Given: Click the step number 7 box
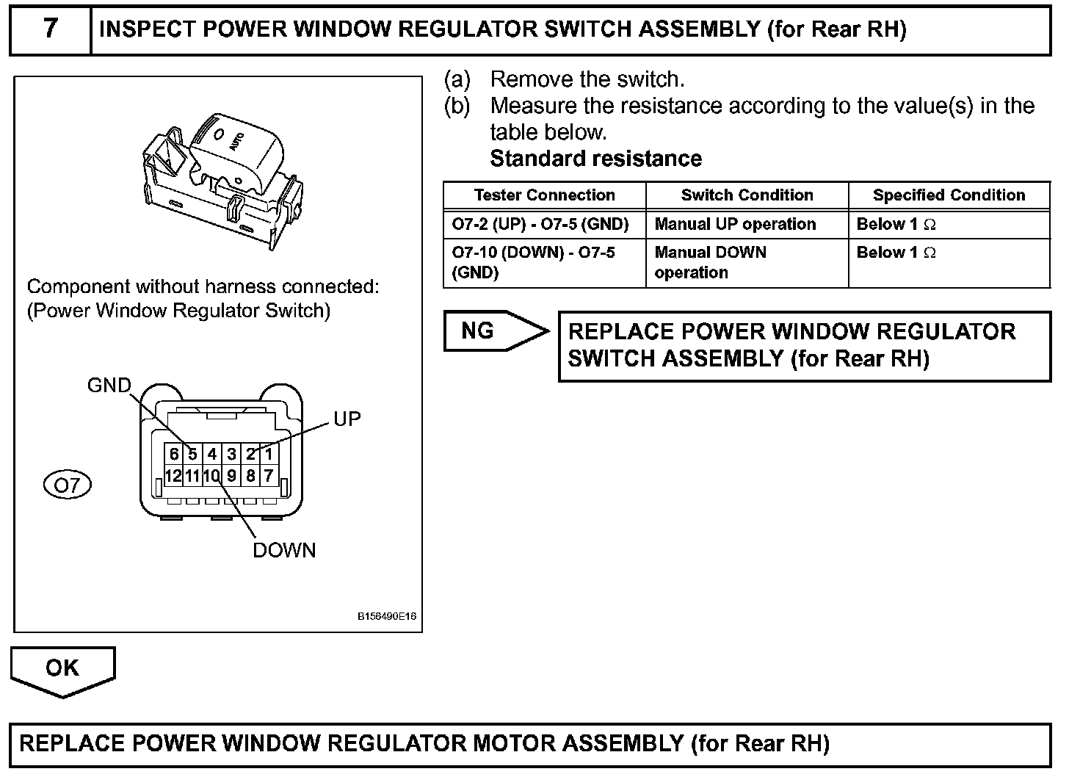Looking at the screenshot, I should (x=50, y=30).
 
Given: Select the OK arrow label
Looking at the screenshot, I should (x=62, y=668).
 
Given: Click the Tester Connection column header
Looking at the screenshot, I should (x=544, y=195).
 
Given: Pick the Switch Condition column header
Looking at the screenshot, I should (x=747, y=195).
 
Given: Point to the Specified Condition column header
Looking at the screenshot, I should (x=949, y=195).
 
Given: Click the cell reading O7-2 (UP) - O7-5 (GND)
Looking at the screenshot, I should (x=540, y=224).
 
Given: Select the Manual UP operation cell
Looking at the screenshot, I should (x=735, y=224).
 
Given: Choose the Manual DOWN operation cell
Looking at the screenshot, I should (x=710, y=262).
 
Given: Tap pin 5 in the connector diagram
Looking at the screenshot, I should (x=192, y=455).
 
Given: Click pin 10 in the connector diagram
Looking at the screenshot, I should (x=211, y=476).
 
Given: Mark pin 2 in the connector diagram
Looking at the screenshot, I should (x=250, y=455).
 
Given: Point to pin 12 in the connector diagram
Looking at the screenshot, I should (x=173, y=476).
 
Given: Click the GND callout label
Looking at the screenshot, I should (x=109, y=386).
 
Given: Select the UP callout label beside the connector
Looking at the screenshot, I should (x=347, y=419).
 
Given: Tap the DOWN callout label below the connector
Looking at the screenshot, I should (x=284, y=550).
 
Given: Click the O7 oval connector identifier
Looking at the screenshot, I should (x=68, y=485).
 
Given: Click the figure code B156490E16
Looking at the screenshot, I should (x=387, y=617).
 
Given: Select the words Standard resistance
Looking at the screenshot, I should (x=595, y=159).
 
